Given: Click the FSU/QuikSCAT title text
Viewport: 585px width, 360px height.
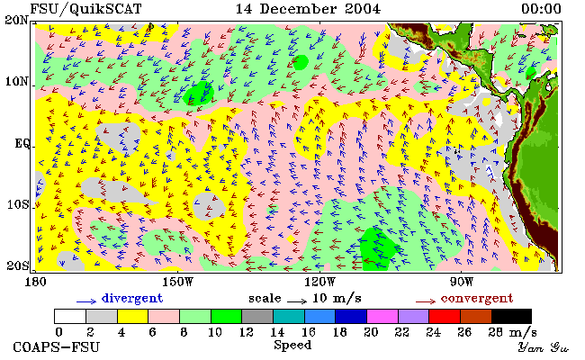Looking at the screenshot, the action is pos(85,9).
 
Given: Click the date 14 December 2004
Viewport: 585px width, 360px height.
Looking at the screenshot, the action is pos(308,9).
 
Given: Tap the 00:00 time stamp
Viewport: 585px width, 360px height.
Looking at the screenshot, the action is pos(541,9).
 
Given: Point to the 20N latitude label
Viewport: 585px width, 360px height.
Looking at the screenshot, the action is pos(17,20).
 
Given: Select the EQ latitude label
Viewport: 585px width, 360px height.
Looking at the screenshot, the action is pos(22,143).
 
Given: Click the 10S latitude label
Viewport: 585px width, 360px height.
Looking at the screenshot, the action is pos(18,204).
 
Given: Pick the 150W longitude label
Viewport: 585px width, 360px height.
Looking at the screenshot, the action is pos(178,282).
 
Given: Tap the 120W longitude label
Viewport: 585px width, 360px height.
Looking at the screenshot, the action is pos(319,282).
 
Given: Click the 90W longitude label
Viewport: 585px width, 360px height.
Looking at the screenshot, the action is pos(461,282).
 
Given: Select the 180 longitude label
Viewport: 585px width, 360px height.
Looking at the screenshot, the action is pos(35,282).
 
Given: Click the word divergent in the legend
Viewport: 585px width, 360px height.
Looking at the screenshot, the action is pos(132,299).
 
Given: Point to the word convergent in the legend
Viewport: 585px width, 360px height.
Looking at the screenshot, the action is pos(477,299).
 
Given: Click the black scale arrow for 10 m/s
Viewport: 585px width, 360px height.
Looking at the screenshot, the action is pos(297,301).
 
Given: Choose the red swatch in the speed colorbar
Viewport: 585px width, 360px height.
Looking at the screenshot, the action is pos(445,316).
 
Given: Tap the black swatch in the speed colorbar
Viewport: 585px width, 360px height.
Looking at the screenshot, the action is pos(511,316).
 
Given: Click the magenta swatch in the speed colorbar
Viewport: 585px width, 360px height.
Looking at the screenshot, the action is pos(382,316).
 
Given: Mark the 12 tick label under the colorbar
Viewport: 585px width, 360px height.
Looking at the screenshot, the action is pos(246,332).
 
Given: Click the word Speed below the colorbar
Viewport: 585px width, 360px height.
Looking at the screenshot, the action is pos(292,345).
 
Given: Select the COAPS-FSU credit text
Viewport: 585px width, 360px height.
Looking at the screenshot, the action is pos(57,347).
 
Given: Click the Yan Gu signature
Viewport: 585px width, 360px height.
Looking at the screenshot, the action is pos(544,347).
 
